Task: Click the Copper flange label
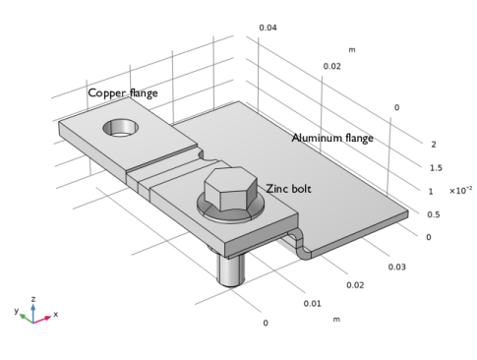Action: click(x=123, y=93)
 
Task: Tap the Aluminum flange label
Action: click(x=332, y=139)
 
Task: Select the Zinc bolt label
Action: click(x=288, y=188)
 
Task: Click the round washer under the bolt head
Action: click(x=203, y=209)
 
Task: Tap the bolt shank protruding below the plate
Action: click(x=231, y=267)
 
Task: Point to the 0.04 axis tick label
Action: click(x=268, y=28)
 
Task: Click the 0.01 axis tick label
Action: click(x=312, y=303)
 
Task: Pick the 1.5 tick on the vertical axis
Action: click(x=434, y=168)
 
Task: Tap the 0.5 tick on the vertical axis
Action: click(x=434, y=214)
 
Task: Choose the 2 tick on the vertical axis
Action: click(x=434, y=145)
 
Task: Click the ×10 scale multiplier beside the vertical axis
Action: click(x=458, y=190)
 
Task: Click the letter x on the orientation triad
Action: click(x=55, y=315)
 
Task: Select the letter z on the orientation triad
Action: click(x=33, y=298)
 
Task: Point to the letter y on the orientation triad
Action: click(x=17, y=310)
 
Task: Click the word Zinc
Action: click(x=277, y=188)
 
